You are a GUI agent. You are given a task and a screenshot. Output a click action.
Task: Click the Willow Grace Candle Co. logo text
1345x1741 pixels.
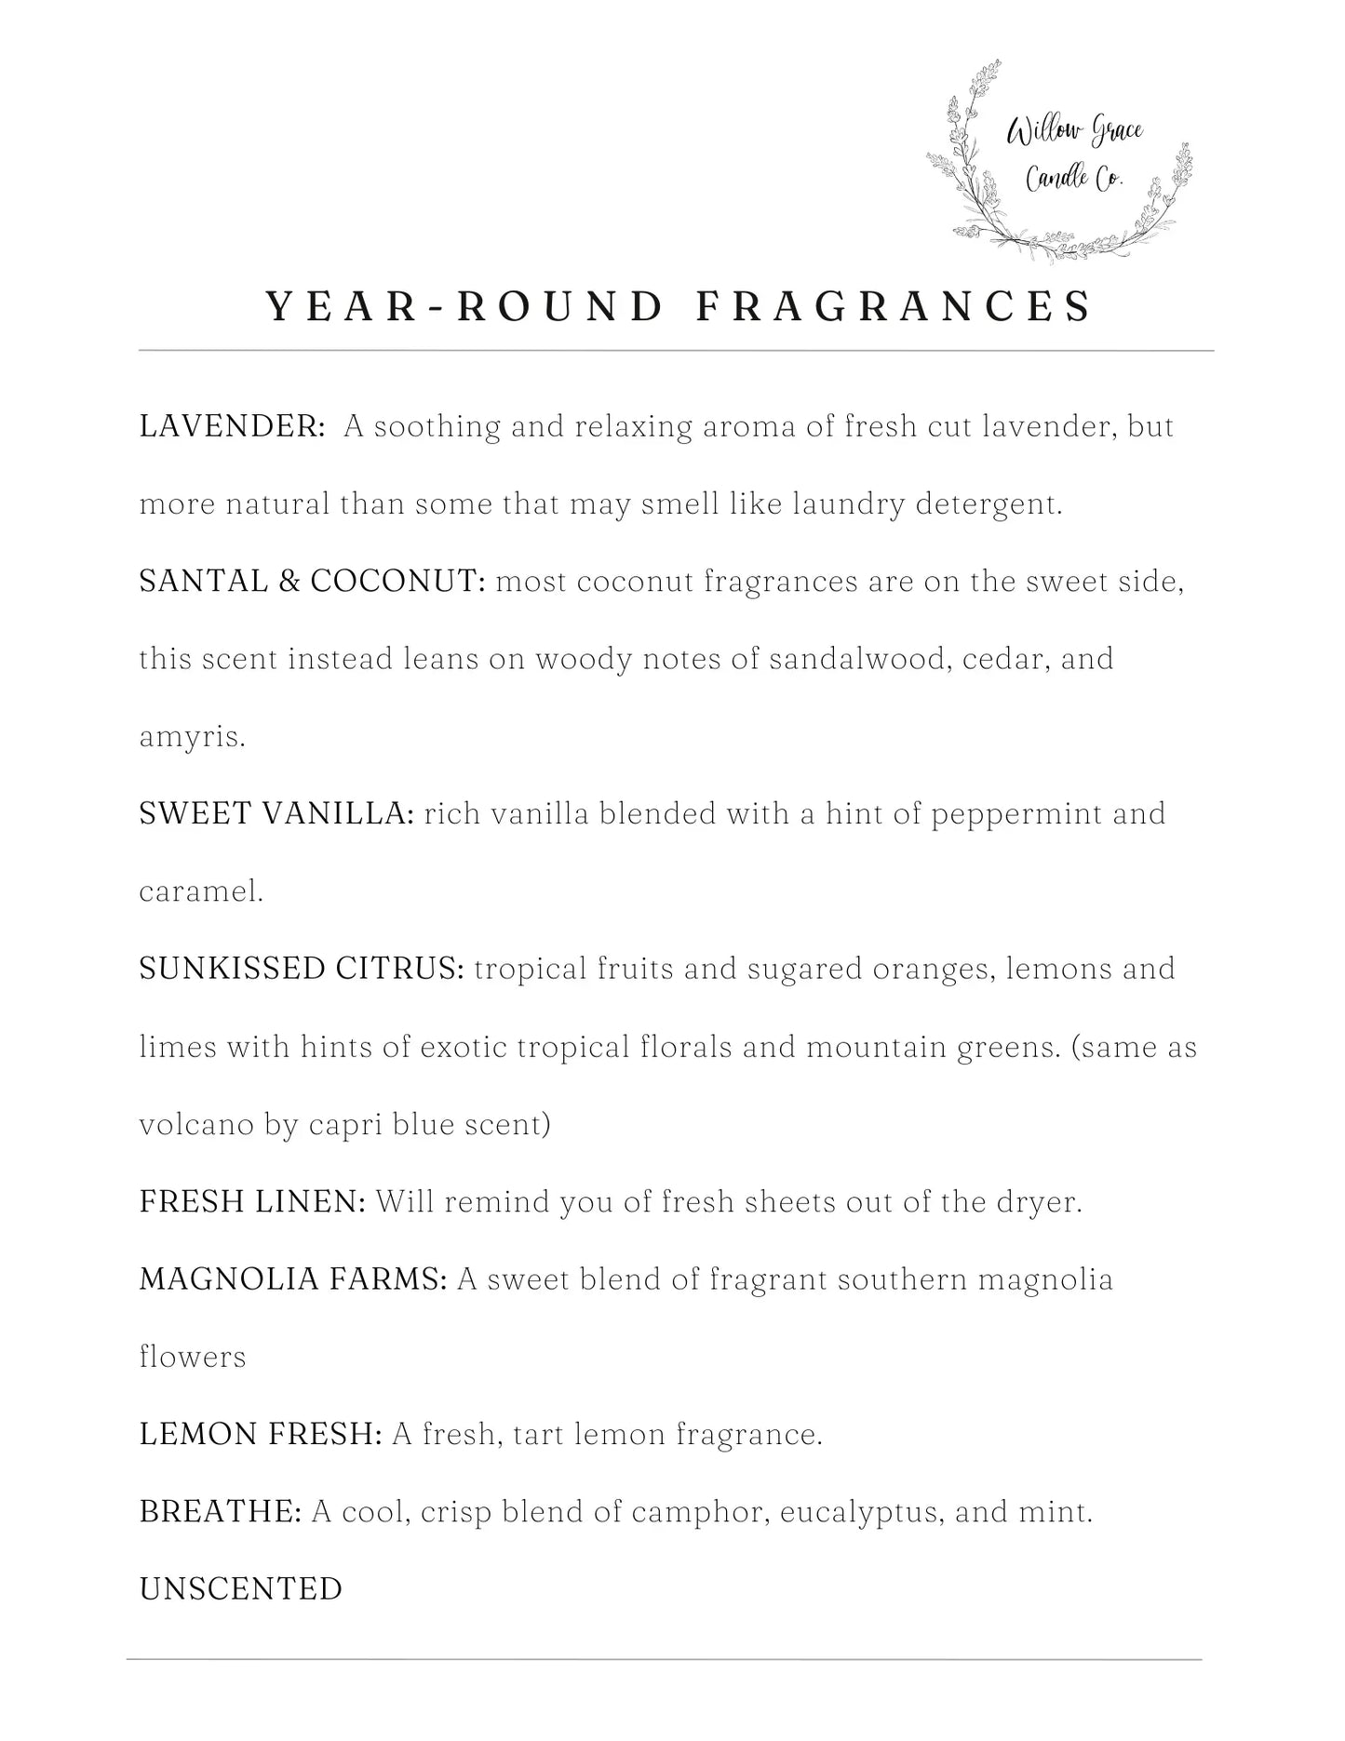point(1075,154)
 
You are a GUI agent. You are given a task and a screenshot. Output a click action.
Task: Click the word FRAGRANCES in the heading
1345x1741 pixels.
point(894,306)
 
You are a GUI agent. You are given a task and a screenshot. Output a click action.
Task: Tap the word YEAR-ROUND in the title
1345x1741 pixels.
point(464,306)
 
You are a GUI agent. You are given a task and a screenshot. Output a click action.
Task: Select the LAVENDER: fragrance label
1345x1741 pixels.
point(232,426)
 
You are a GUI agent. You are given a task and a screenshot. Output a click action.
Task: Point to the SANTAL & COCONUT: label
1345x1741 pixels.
point(313,582)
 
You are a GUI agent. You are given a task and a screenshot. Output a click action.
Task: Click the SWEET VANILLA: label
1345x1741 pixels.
point(276,814)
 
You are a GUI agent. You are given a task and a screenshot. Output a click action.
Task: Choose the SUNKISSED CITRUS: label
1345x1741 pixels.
point(302,969)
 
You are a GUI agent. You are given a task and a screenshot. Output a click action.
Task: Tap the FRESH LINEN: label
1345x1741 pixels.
point(252,1201)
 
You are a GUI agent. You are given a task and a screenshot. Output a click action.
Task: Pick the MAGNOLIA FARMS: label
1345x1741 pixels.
point(293,1279)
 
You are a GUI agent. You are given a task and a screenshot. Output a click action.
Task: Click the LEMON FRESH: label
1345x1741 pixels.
point(261,1434)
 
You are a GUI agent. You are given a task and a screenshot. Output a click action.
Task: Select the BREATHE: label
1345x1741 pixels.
point(221,1512)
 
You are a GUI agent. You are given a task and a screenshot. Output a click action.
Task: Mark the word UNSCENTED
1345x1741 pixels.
point(241,1588)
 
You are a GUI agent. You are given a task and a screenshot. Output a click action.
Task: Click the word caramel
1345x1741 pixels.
point(201,891)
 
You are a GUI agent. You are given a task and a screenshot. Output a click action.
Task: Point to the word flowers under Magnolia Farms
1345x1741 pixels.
point(193,1357)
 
